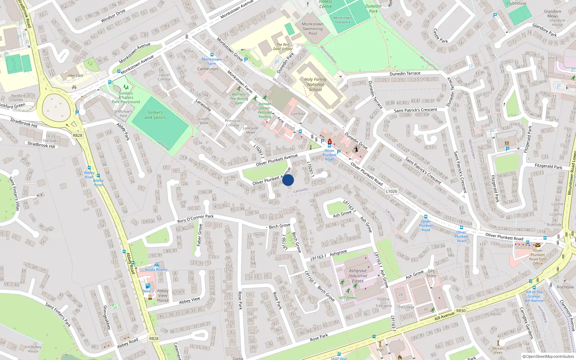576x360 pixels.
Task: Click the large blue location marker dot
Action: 288,180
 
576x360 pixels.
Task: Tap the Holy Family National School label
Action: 315,85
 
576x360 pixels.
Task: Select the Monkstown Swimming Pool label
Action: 312,29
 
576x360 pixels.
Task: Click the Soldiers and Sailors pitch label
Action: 155,115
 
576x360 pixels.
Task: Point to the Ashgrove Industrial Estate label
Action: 357,276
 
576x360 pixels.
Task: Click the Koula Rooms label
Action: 156,269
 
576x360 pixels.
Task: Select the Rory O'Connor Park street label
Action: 195,219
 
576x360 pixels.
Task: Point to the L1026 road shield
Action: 392,191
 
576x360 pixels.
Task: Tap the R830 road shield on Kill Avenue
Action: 461,311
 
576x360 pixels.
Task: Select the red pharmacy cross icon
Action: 330,142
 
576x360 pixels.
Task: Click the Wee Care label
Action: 76,76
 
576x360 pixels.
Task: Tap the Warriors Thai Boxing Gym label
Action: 239,99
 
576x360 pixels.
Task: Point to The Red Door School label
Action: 283,47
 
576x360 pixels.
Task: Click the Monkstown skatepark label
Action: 342,20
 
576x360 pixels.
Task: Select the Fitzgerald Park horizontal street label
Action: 548,166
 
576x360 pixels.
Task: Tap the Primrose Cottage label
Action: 232,123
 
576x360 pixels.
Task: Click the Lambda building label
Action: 298,114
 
